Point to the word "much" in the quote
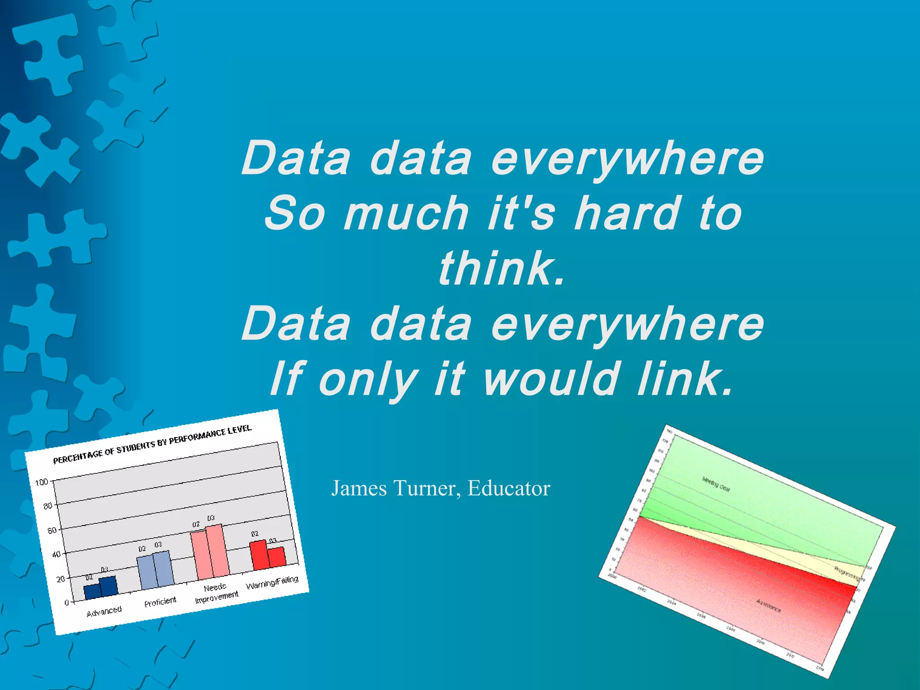coord(406,213)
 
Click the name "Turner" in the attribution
coord(426,488)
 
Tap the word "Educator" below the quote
coord(509,488)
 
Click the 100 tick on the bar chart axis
coord(41,482)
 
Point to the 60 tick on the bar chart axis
coord(52,531)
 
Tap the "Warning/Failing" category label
coord(272,583)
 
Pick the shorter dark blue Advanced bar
coord(92,591)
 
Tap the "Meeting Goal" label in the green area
coord(716,484)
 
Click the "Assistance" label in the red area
coord(769,606)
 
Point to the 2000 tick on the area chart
coord(612,575)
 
